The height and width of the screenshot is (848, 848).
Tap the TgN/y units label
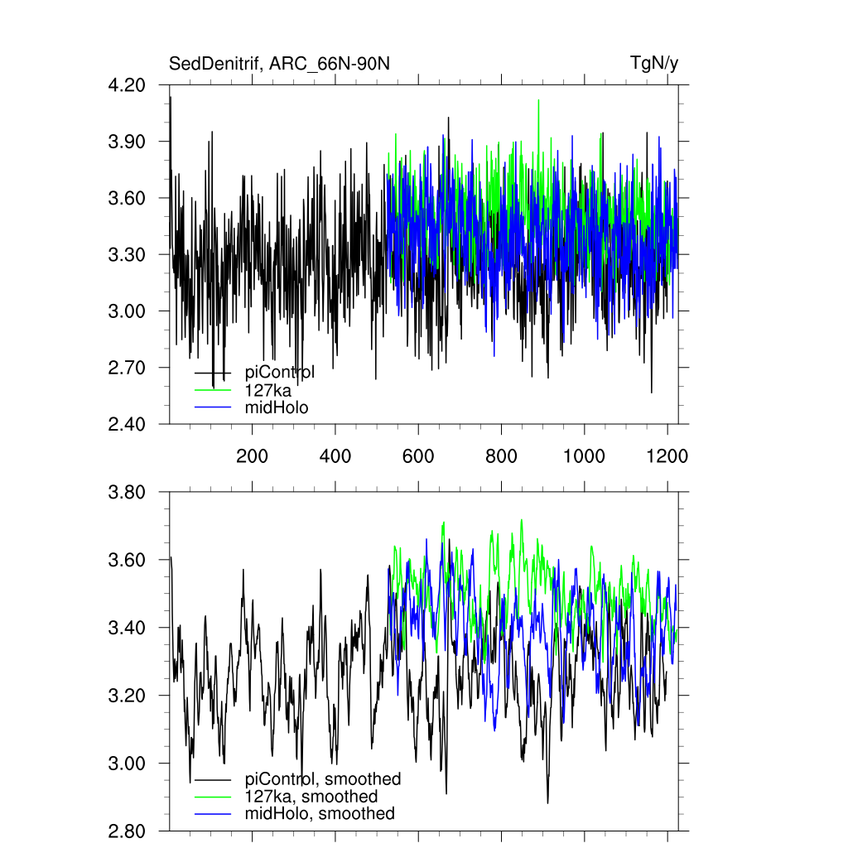654,64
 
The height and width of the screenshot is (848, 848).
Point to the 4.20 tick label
128,85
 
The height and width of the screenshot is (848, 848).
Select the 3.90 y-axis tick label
128,142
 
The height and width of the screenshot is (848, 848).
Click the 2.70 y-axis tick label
128,368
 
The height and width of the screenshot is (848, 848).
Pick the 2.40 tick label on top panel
128,424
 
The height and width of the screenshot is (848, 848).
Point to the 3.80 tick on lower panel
128,493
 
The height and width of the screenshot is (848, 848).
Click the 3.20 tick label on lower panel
128,696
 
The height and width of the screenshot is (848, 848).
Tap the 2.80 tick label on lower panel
128,831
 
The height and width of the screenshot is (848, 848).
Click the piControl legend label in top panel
280,373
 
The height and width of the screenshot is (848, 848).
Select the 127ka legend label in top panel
268,390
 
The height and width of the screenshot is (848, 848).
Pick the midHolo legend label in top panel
277,407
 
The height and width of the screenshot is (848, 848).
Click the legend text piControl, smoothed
323,779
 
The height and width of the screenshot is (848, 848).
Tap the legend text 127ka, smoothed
311,797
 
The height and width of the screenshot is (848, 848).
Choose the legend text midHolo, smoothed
320,814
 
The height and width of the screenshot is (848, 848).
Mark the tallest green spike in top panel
539,101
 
